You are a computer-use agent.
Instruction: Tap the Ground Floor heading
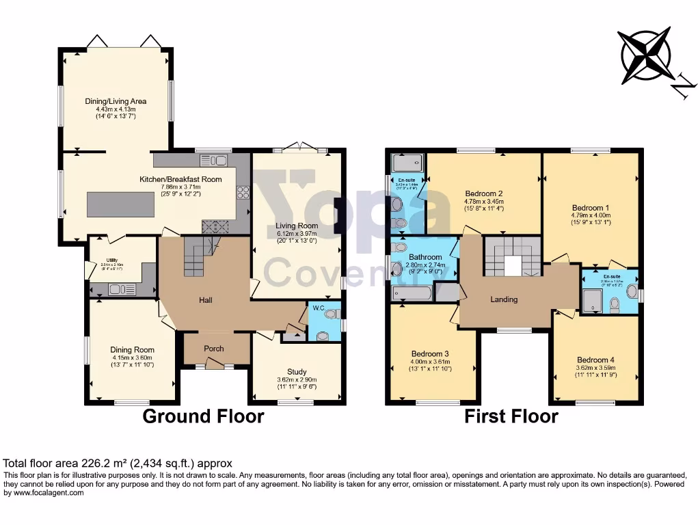[203, 416]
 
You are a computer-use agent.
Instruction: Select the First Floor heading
[511, 416]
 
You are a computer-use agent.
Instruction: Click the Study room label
[297, 372]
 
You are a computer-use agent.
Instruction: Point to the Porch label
[214, 349]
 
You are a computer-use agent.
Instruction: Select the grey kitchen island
[120, 204]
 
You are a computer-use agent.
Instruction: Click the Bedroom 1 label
[589, 208]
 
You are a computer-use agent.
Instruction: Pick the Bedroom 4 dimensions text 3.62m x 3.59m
[593, 368]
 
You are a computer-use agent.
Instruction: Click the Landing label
[504, 299]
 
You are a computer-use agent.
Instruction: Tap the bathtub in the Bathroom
[413, 293]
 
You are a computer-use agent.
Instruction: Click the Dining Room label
[133, 349]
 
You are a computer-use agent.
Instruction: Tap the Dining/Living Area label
[116, 101]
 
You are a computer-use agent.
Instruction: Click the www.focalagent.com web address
[44, 492]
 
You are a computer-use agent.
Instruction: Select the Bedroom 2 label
[484, 193]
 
